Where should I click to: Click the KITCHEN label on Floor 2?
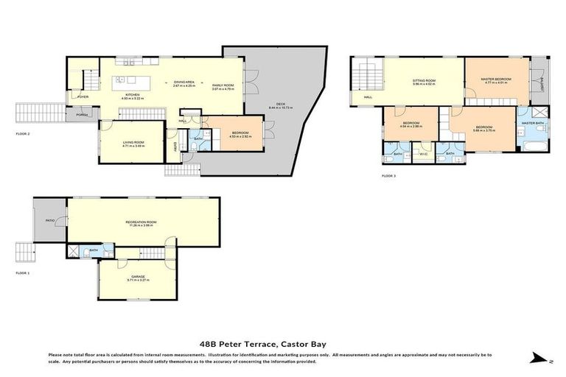(133, 95)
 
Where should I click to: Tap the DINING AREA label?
(184, 82)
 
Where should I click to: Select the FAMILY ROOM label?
(223, 86)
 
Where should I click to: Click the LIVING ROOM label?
(133, 144)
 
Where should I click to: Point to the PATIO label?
(50, 219)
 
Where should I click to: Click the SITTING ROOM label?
(424, 81)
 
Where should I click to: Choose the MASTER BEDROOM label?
(497, 80)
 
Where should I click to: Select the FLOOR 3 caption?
(388, 176)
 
